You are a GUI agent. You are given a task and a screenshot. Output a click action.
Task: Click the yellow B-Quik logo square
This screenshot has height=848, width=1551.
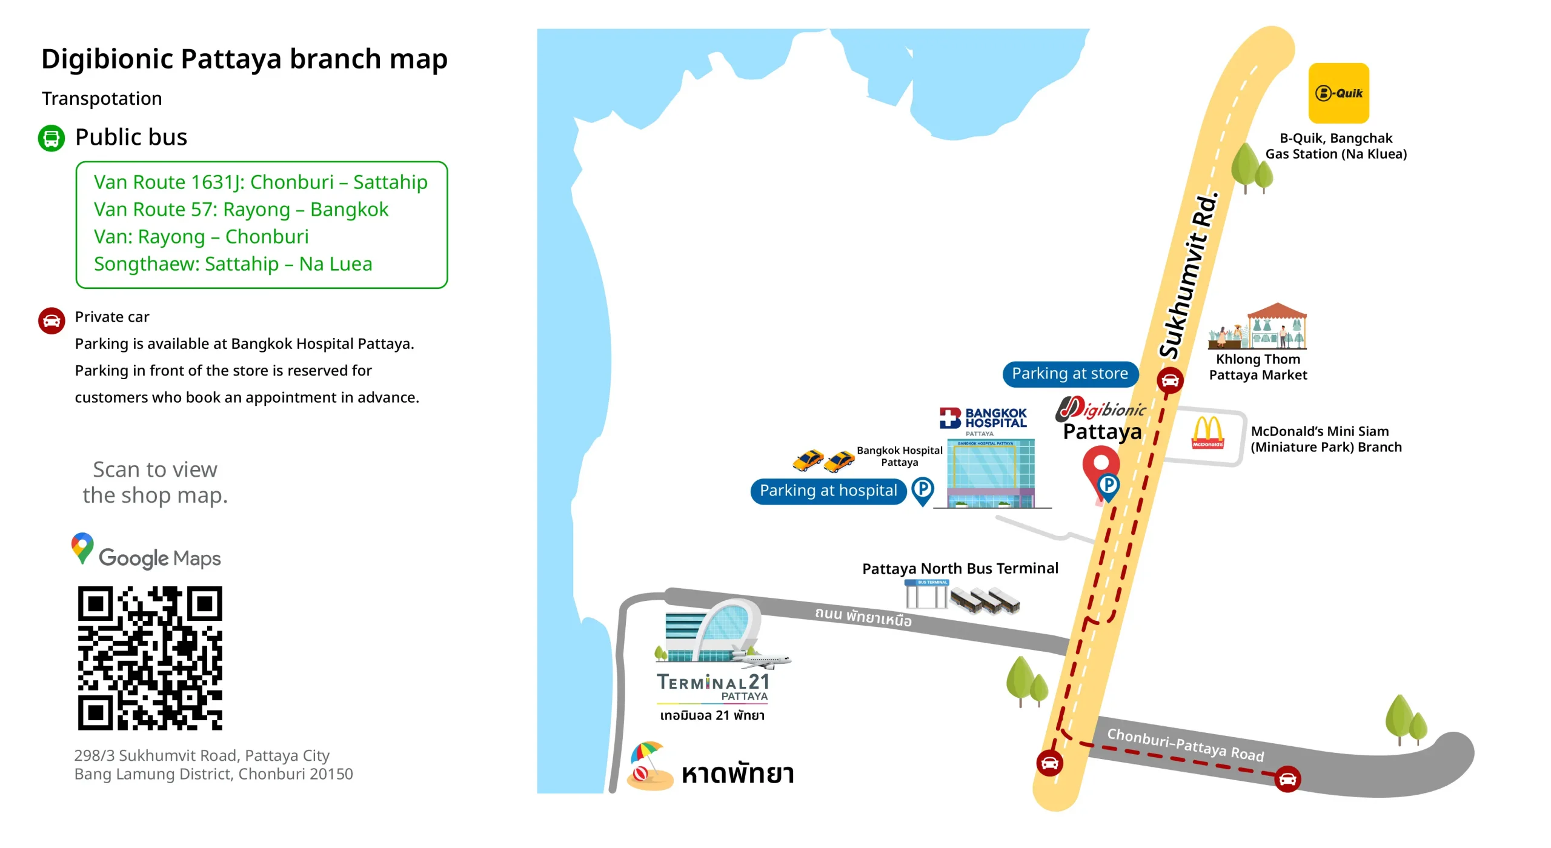point(1338,93)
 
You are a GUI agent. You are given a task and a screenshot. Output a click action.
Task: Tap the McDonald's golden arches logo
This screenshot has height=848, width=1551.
point(1207,432)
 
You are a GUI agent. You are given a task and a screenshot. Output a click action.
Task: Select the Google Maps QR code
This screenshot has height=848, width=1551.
point(150,658)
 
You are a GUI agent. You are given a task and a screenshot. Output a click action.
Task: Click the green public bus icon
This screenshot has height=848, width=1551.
point(51,138)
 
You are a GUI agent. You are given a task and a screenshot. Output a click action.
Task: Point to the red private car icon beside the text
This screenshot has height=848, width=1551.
point(51,320)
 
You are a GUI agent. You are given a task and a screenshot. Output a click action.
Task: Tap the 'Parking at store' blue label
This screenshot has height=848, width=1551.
point(1070,374)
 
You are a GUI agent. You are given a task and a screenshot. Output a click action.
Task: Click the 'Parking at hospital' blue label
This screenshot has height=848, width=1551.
point(828,491)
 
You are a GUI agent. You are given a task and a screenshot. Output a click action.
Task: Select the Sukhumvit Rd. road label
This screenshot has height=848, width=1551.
point(1188,276)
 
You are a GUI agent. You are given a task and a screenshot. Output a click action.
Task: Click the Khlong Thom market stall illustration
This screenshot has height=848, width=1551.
point(1258,326)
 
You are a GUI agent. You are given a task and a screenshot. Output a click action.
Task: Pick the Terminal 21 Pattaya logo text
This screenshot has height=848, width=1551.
point(713,686)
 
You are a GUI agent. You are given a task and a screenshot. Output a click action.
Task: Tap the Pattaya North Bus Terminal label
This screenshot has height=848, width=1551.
point(960,568)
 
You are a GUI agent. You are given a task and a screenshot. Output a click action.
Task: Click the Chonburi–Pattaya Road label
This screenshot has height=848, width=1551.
point(1186,744)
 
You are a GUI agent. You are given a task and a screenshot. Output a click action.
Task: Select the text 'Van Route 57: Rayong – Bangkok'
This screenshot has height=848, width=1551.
point(241,210)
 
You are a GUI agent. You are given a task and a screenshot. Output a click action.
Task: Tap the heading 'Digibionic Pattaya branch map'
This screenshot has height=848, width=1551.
point(244,59)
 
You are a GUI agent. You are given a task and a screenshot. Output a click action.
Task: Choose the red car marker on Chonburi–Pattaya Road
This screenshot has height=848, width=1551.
point(1287,779)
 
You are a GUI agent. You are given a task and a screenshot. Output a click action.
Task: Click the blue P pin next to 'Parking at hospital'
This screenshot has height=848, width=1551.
point(923,490)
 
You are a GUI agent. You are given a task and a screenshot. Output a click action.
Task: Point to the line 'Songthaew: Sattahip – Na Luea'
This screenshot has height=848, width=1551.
point(233,264)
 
